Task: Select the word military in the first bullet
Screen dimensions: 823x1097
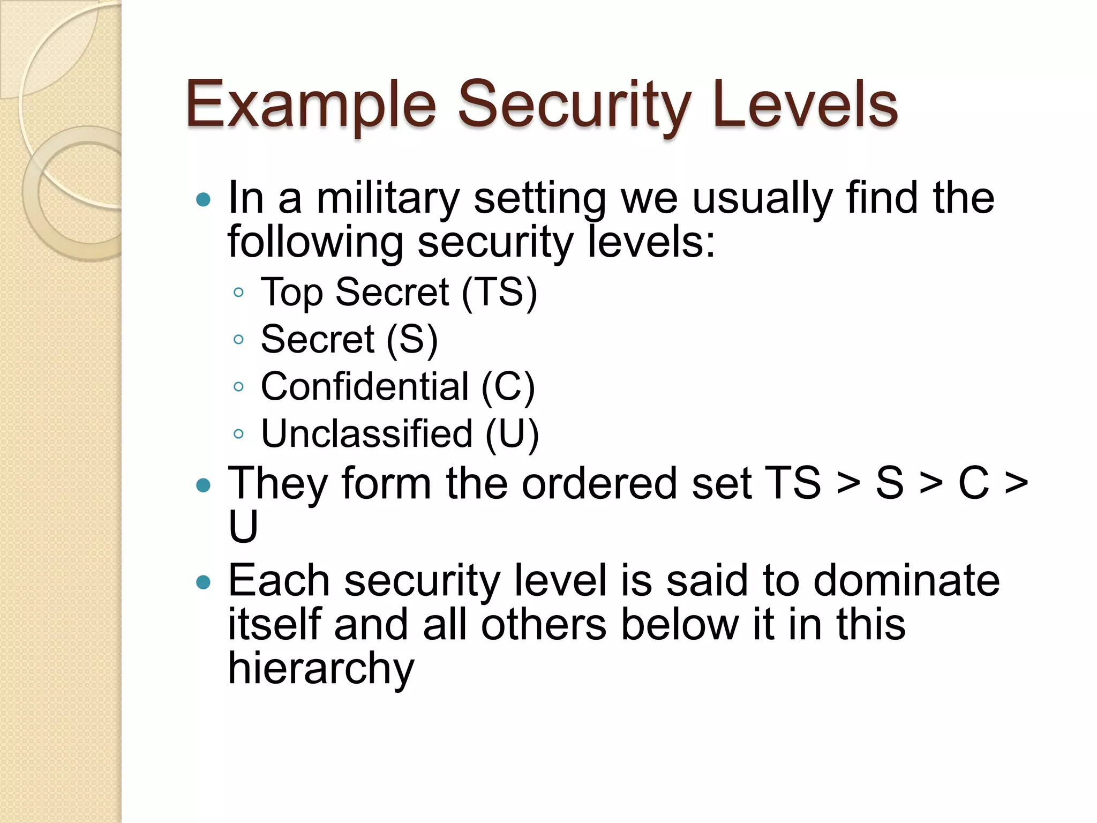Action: tap(388, 198)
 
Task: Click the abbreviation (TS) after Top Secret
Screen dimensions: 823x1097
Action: tap(499, 292)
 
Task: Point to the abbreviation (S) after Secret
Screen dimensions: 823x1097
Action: tap(411, 339)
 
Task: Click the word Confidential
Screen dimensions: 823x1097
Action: tap(365, 386)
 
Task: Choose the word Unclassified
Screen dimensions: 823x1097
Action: tap(367, 433)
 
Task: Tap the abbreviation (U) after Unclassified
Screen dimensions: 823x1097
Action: tap(512, 433)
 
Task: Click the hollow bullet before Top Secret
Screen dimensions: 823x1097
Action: tap(239, 293)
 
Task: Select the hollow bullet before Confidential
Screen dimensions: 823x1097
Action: tap(239, 387)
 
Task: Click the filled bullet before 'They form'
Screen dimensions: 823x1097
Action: tap(204, 485)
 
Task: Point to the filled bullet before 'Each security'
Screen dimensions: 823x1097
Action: tap(204, 582)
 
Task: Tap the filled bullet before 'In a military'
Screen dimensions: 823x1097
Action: tap(204, 200)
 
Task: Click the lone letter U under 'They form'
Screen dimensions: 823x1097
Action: tap(243, 527)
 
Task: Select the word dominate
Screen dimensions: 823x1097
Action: tap(906, 581)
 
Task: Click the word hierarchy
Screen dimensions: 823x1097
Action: tap(321, 669)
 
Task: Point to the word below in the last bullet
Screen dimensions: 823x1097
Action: tap(680, 625)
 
